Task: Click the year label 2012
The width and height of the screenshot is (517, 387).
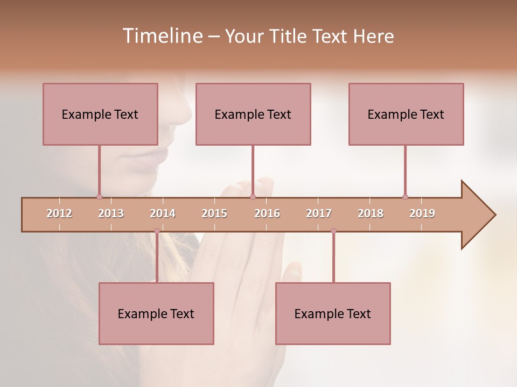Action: point(59,213)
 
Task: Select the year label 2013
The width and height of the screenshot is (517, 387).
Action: point(111,213)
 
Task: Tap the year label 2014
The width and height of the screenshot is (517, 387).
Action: point(163,213)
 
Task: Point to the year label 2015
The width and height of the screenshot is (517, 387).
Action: point(214,213)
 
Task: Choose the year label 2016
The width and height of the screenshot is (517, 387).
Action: point(267,213)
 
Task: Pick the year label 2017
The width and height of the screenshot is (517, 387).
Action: point(319,213)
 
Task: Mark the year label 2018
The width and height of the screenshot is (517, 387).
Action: point(371,213)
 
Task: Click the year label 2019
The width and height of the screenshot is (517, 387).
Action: point(422,213)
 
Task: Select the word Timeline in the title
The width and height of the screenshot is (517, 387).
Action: point(162,36)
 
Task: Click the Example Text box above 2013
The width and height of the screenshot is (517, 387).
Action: point(100,114)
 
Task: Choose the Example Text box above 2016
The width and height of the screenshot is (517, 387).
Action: point(253,114)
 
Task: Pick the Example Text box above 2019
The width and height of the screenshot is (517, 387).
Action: point(406,114)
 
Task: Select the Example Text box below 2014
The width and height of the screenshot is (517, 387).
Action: point(156,313)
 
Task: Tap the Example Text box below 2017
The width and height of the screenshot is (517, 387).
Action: point(333,313)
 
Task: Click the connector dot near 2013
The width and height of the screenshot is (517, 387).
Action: point(99,197)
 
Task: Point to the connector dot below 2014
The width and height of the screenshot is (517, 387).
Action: point(157,231)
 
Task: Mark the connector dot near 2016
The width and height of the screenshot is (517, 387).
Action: point(253,197)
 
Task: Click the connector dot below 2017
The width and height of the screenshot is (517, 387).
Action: point(333,231)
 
